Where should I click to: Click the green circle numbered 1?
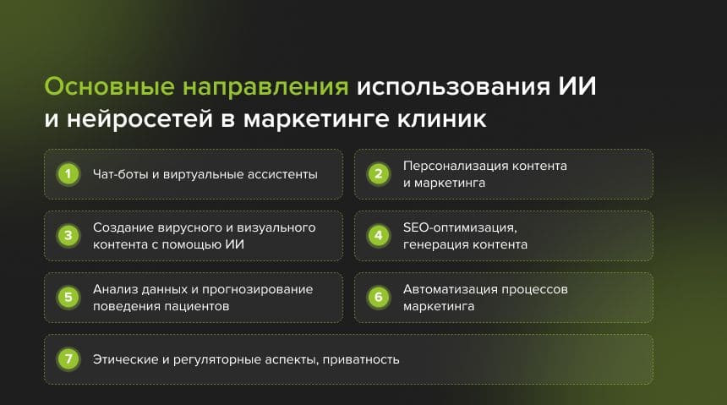pyautogui.click(x=68, y=174)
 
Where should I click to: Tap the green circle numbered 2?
pyautogui.click(x=379, y=174)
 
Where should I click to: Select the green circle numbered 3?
pyautogui.click(x=68, y=236)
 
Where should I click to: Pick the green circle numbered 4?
pyautogui.click(x=379, y=236)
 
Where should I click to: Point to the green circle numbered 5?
pyautogui.click(x=68, y=298)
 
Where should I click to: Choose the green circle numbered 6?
pyautogui.click(x=379, y=298)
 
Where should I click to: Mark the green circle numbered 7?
pyautogui.click(x=68, y=359)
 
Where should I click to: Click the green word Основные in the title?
pyautogui.click(x=109, y=86)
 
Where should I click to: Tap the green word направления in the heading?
pyautogui.click(x=265, y=88)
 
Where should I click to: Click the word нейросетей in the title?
pyautogui.click(x=139, y=118)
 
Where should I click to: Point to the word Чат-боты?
pyautogui.click(x=121, y=174)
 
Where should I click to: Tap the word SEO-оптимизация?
pyautogui.click(x=460, y=227)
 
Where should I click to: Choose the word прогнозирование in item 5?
pyautogui.click(x=257, y=289)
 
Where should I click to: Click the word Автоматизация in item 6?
pyautogui.click(x=451, y=289)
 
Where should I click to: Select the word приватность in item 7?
pyautogui.click(x=361, y=360)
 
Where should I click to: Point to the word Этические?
pyautogui.click(x=126, y=359)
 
